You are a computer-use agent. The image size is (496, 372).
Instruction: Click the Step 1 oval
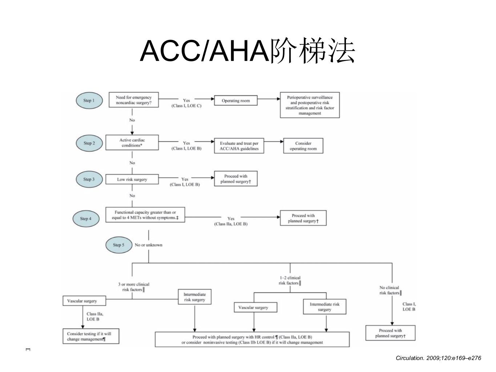click(89, 101)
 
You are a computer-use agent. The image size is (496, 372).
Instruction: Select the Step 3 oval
click(89, 179)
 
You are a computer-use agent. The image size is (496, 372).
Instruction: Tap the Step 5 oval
click(119, 245)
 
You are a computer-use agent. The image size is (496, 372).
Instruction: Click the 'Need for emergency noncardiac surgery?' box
click(134, 100)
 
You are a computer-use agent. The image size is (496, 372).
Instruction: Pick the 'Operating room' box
click(236, 101)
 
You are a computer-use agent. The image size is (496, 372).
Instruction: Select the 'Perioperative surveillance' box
click(310, 105)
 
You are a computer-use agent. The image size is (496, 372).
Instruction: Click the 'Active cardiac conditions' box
click(132, 142)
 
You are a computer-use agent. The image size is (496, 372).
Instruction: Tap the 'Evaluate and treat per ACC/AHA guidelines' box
click(239, 146)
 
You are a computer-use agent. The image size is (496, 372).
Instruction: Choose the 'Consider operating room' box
click(303, 146)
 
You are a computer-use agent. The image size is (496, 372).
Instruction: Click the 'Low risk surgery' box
click(132, 179)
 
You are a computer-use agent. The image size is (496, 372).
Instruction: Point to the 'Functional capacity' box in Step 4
click(145, 215)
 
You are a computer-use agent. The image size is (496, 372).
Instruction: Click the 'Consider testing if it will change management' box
click(91, 336)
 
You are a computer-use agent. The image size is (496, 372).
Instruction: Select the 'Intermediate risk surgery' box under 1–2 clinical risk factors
click(324, 307)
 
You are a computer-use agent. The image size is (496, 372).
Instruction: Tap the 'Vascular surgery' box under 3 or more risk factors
click(84, 301)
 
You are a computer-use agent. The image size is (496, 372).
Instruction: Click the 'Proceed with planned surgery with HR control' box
click(252, 339)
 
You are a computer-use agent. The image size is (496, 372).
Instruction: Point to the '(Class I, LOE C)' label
click(186, 106)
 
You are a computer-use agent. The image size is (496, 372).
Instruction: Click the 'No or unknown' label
click(149, 245)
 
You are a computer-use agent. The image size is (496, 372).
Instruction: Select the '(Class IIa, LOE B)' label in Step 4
click(231, 224)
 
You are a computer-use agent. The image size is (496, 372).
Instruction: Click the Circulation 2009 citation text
click(438, 358)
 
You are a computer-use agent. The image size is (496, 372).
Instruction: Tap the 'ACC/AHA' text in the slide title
click(205, 51)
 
